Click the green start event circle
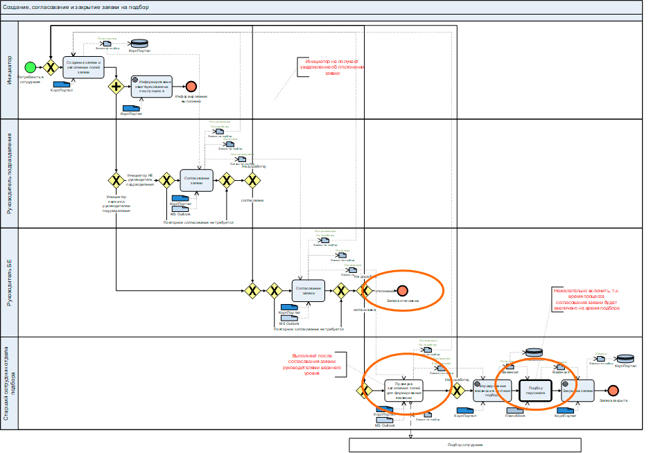tap(31, 67)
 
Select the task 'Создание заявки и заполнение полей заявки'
tap(83, 66)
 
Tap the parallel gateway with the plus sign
tap(115, 87)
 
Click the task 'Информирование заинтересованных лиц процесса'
tap(151, 86)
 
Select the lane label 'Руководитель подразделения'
tap(10, 173)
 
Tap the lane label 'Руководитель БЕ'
tap(10, 283)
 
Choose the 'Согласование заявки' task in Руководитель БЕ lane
tap(309, 291)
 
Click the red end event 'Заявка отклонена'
tap(403, 291)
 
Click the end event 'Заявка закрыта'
tap(612, 391)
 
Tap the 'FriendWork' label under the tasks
tap(514, 415)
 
